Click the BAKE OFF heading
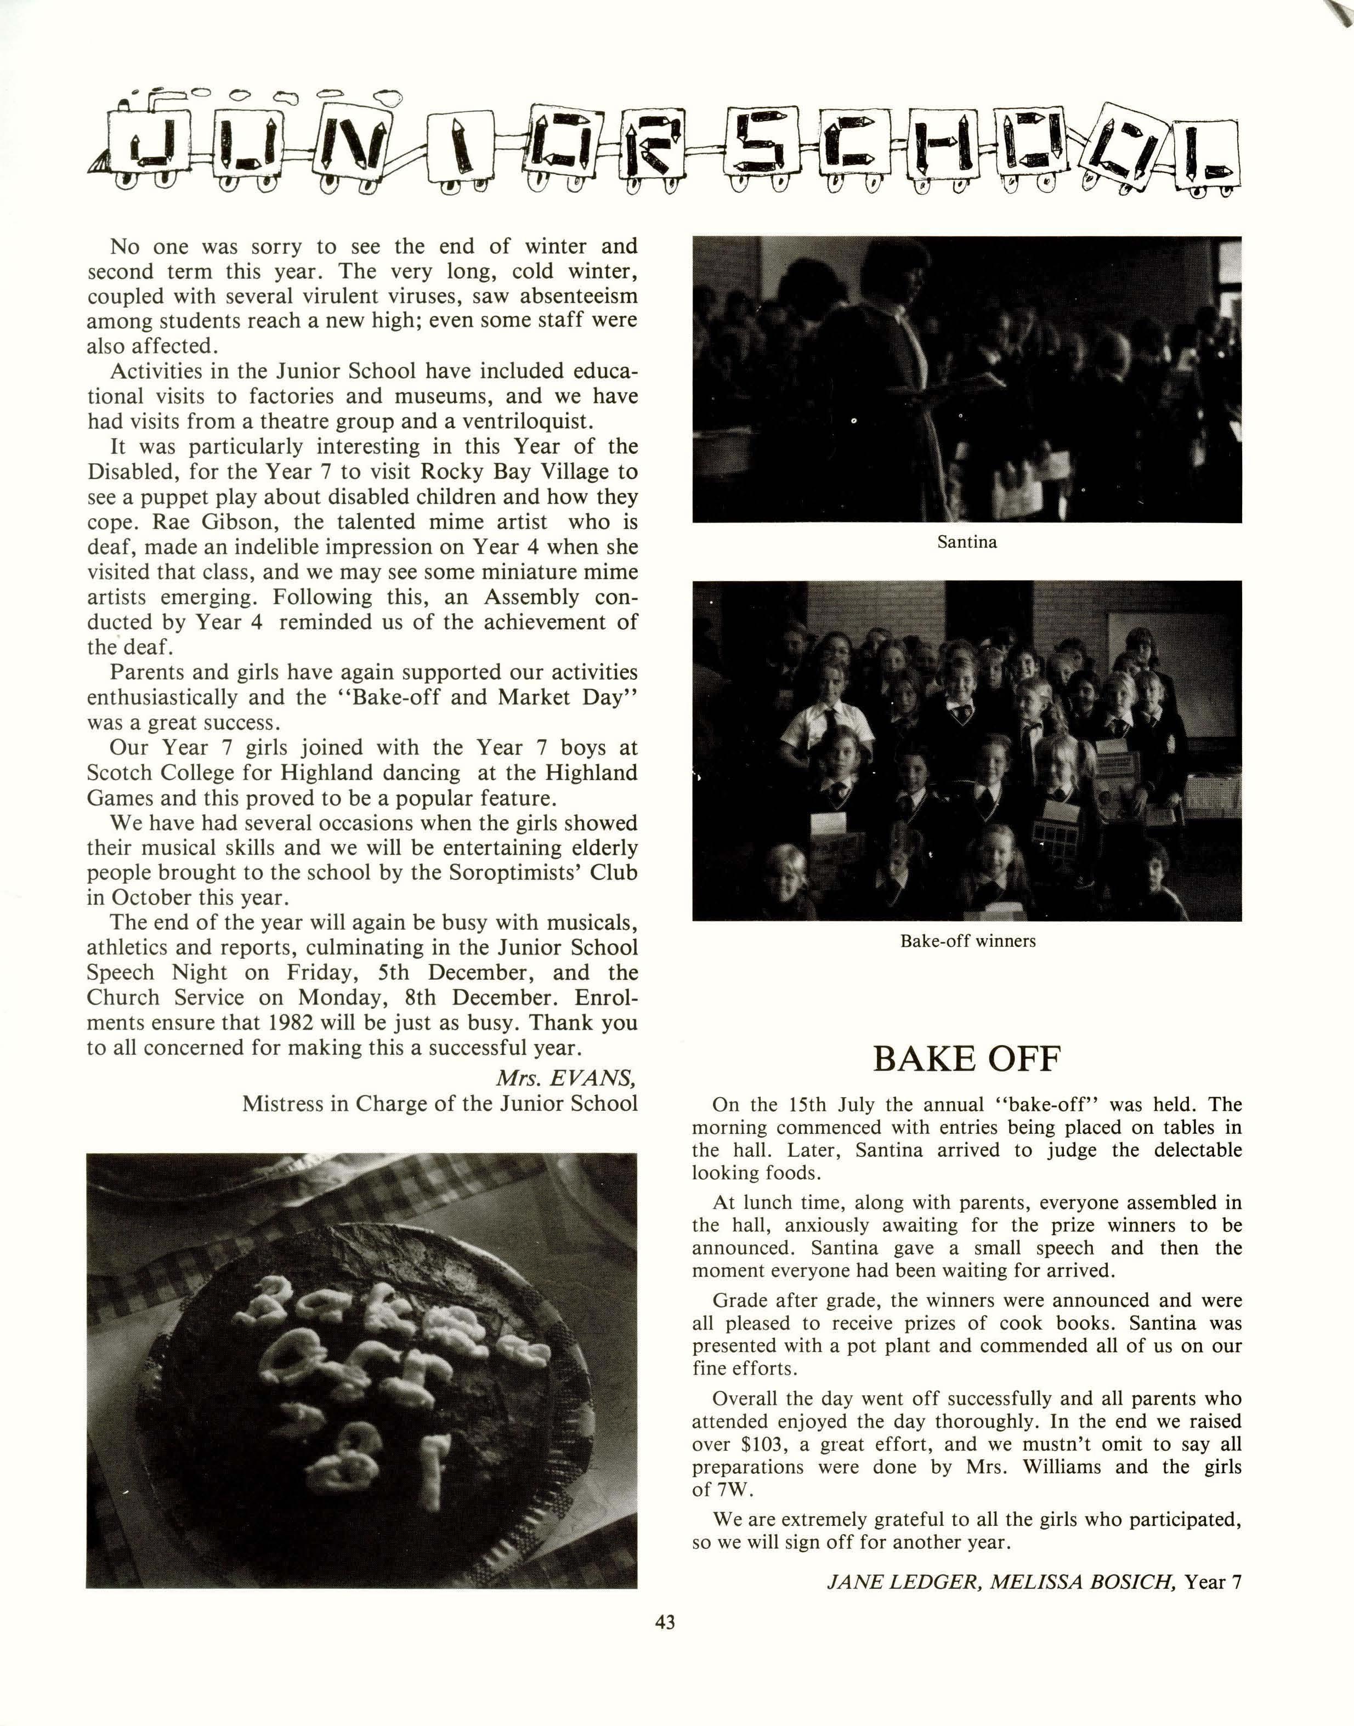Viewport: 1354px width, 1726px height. click(966, 1059)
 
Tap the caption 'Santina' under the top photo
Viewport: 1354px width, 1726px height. click(966, 543)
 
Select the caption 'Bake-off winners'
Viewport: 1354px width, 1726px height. click(967, 941)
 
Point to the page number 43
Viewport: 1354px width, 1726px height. click(665, 1622)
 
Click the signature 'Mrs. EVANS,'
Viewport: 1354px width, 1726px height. click(566, 1078)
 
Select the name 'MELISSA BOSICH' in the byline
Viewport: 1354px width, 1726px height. click(1081, 1582)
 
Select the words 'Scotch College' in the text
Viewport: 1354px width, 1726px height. click(180, 773)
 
